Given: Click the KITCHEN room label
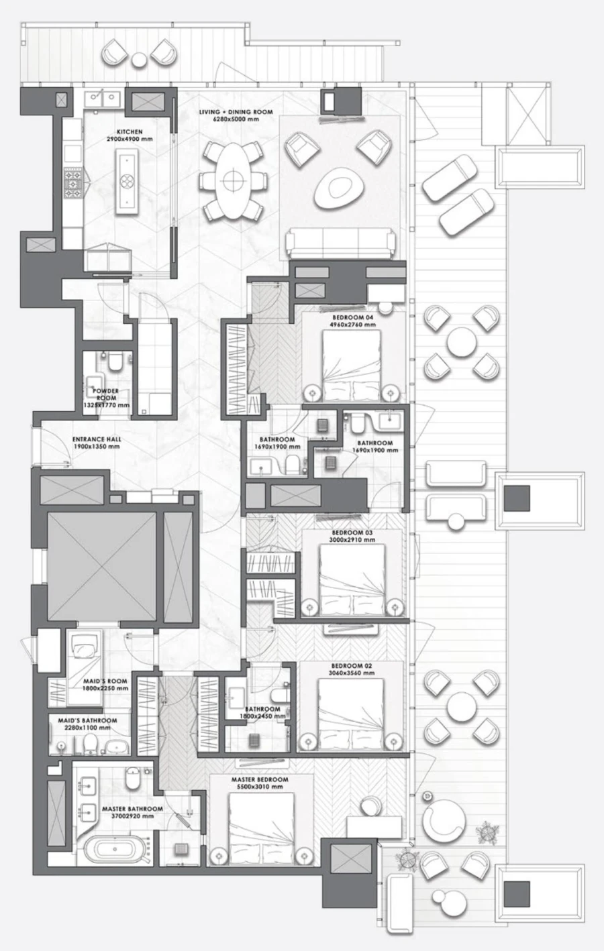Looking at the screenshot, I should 130,132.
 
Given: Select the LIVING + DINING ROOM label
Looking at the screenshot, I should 236,112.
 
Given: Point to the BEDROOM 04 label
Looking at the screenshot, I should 352,317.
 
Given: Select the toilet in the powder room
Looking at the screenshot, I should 115,363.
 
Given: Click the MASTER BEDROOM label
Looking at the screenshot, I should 260,780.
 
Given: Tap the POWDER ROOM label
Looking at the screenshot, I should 105,394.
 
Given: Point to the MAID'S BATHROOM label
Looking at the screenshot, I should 87,721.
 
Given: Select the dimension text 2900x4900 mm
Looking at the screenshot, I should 130,139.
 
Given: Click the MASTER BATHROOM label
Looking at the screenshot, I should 132,809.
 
